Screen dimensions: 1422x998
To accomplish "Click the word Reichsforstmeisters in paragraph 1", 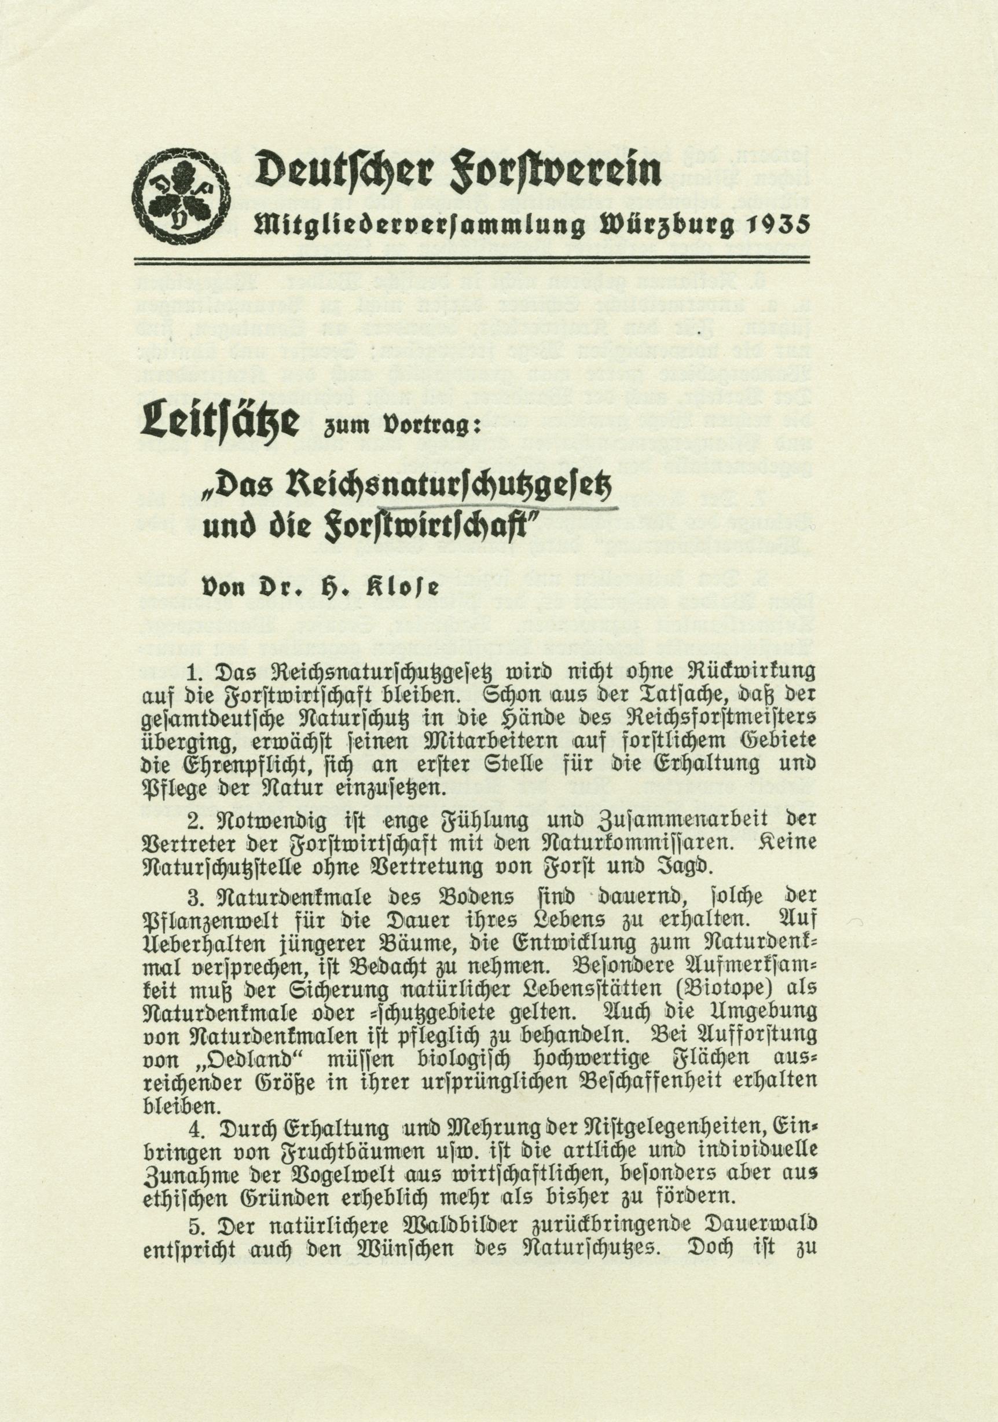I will [718, 718].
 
